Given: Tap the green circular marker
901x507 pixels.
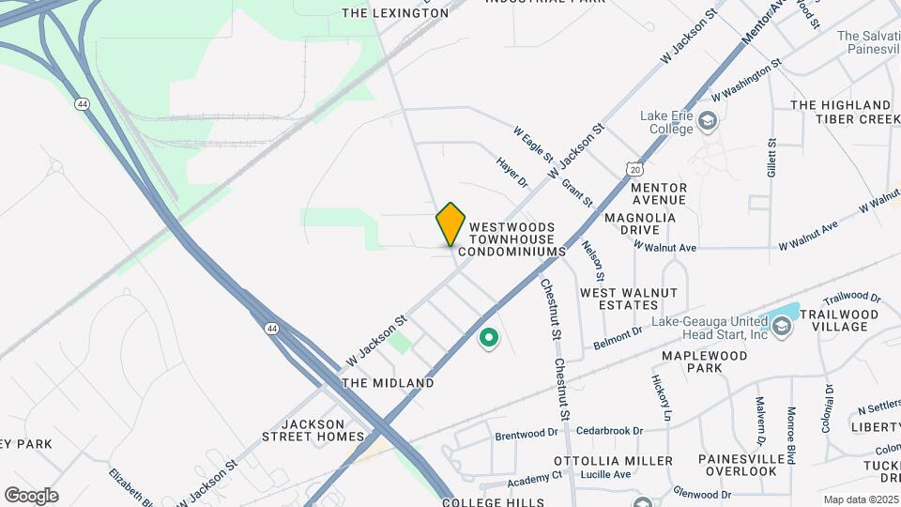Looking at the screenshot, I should tap(488, 337).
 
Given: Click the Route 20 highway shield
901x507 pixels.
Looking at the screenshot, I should tap(636, 169).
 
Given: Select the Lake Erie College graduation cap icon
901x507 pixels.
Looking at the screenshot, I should tap(707, 121).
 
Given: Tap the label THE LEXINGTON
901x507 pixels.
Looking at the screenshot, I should tap(395, 13).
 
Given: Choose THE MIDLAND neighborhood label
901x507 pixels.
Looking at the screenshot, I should tap(388, 383).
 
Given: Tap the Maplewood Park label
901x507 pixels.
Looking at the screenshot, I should tap(705, 361).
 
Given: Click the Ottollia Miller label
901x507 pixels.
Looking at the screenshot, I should tap(613, 461).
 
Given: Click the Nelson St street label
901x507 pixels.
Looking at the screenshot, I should tap(592, 259).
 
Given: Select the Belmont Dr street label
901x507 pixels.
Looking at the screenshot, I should tap(618, 338).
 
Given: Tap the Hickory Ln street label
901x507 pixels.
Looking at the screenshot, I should tap(663, 397).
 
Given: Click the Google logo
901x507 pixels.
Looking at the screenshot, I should tap(31, 496).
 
